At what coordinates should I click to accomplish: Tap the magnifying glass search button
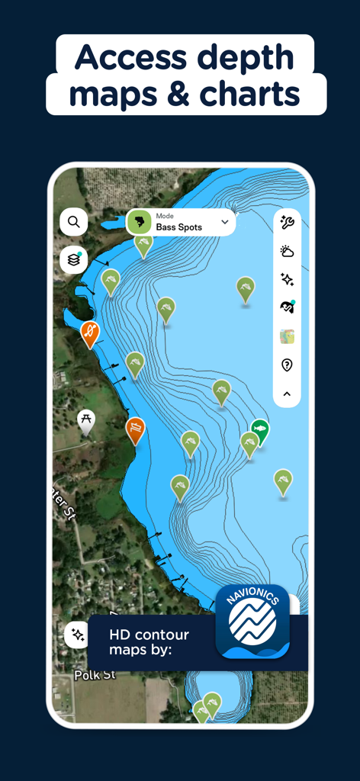[x=74, y=222]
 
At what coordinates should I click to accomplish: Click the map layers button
[x=74, y=259]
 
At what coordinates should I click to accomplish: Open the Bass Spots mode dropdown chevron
[x=224, y=222]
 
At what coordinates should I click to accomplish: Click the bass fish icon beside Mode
[x=139, y=222]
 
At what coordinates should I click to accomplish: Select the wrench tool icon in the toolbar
[x=287, y=223]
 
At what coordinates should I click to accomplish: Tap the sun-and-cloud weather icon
[x=287, y=251]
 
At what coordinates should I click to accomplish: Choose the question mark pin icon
[x=287, y=365]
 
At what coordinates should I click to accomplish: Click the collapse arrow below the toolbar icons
[x=287, y=394]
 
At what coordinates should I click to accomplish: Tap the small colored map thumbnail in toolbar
[x=287, y=336]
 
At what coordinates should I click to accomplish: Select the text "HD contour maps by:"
[x=149, y=642]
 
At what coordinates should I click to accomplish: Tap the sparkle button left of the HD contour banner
[x=77, y=634]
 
